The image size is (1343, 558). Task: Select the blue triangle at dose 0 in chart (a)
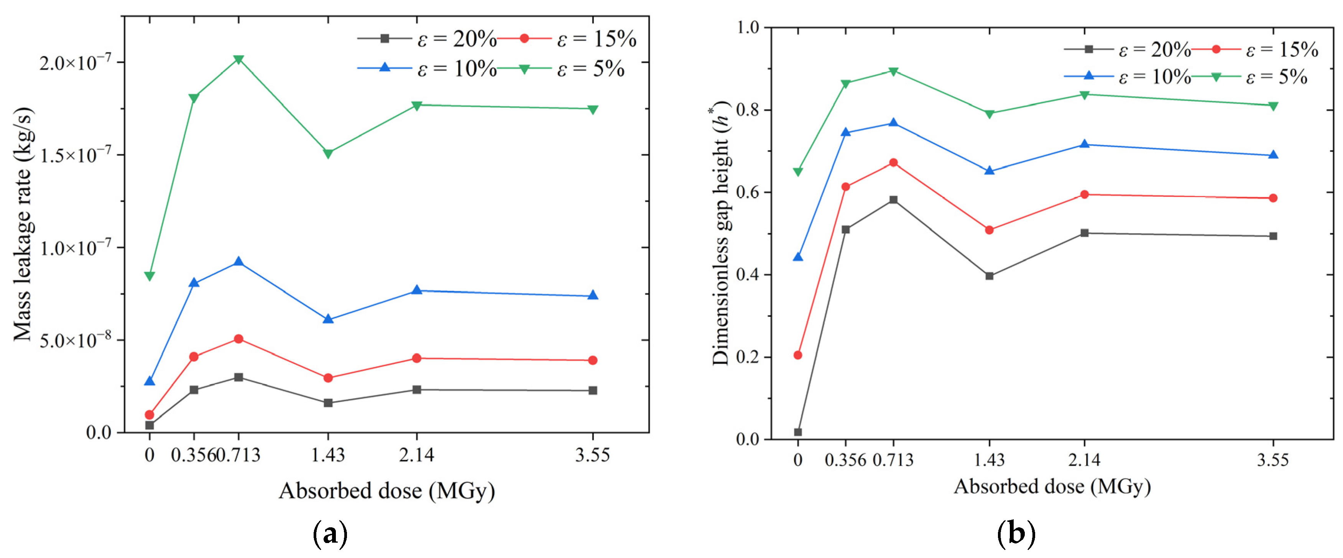tap(150, 381)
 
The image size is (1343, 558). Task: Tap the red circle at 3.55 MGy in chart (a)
tap(592, 360)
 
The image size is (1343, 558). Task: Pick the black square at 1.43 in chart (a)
tap(328, 403)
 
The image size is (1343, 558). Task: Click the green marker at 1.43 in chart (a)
tap(328, 154)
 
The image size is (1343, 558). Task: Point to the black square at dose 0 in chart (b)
tap(798, 432)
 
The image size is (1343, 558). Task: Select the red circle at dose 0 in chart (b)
tap(798, 355)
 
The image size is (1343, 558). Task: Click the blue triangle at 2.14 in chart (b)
tap(1085, 144)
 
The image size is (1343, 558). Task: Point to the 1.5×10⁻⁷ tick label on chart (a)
tap(76, 155)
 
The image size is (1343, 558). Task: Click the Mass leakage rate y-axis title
tap(23, 224)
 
